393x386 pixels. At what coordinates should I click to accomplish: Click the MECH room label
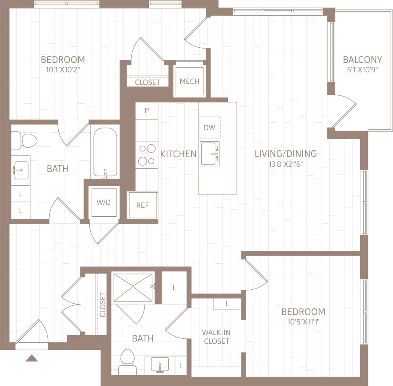pyautogui.click(x=189, y=81)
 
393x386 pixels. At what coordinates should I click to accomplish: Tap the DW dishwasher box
pyautogui.click(x=210, y=128)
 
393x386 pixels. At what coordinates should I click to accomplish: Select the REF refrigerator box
pyautogui.click(x=143, y=205)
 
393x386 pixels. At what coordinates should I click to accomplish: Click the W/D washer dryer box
pyautogui.click(x=104, y=203)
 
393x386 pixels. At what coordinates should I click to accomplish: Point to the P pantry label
pyautogui.click(x=147, y=111)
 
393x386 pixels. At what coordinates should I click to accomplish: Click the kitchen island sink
pyautogui.click(x=210, y=154)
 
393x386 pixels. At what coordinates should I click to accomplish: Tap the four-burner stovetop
pyautogui.click(x=147, y=155)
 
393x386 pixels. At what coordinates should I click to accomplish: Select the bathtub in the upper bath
pyautogui.click(x=105, y=152)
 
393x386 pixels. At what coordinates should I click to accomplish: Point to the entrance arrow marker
pyautogui.click(x=31, y=358)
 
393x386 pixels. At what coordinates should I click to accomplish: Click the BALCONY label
pyautogui.click(x=362, y=59)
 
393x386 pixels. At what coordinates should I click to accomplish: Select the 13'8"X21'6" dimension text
pyautogui.click(x=286, y=164)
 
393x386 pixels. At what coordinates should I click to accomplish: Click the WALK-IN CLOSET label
pyautogui.click(x=216, y=337)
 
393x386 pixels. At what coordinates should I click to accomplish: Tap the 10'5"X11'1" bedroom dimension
pyautogui.click(x=303, y=322)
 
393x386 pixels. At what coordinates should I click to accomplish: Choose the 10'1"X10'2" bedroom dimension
pyautogui.click(x=63, y=70)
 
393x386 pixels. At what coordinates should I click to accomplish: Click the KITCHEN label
pyautogui.click(x=178, y=154)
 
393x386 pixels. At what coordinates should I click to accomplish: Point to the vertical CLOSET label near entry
pyautogui.click(x=103, y=305)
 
